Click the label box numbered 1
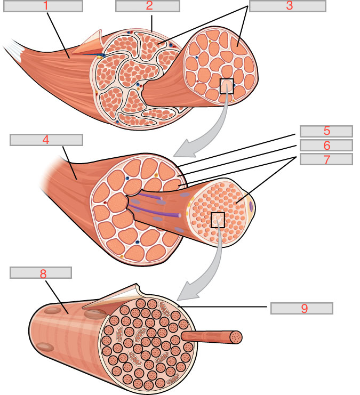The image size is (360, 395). (x=46, y=6)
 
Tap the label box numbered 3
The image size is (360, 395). (x=287, y=6)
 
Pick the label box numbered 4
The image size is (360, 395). (x=46, y=140)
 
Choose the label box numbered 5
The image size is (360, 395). (x=326, y=131)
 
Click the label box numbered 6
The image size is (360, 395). (x=326, y=145)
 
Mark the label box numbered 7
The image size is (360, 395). (x=326, y=159)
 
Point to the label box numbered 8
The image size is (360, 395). (x=41, y=272)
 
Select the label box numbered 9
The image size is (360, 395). (x=301, y=308)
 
